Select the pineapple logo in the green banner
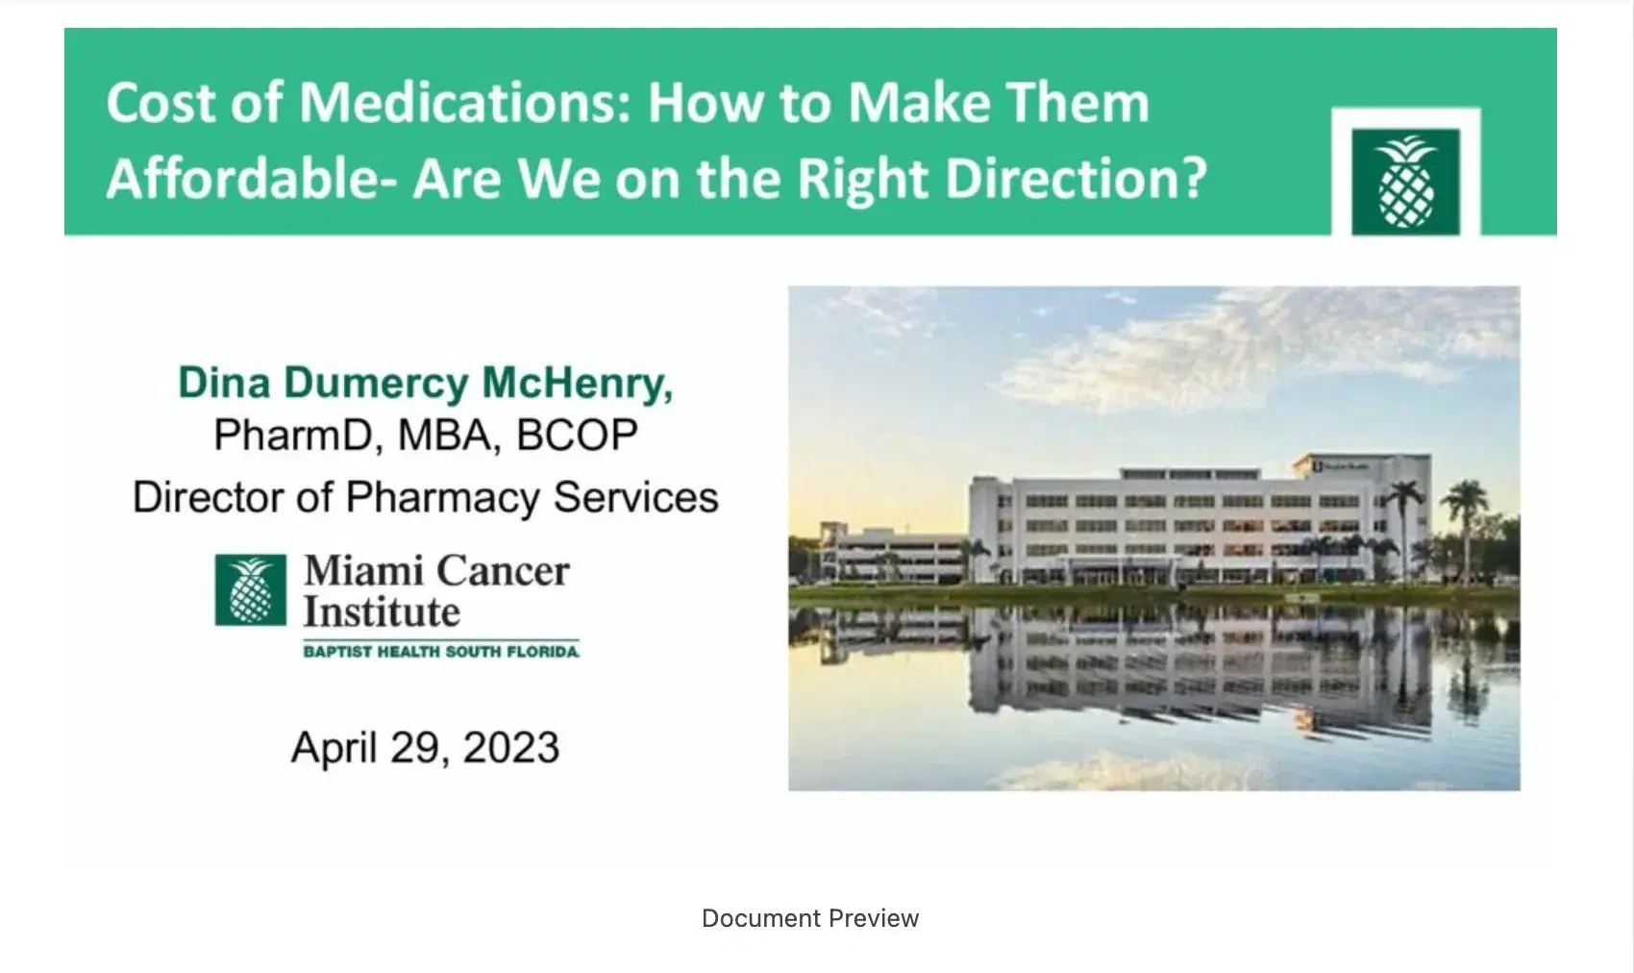[x=1405, y=182]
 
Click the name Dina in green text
[x=223, y=383]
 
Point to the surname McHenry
[x=577, y=383]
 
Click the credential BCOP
[x=577, y=435]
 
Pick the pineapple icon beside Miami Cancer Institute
[x=250, y=590]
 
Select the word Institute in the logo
[x=382, y=612]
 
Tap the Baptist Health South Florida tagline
[x=441, y=652]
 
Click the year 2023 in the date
[x=511, y=748]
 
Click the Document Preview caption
[x=810, y=918]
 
